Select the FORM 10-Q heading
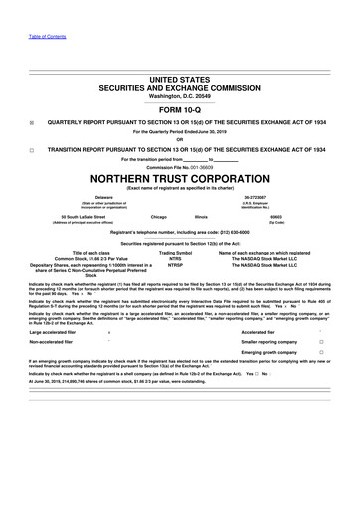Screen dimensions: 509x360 180,108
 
